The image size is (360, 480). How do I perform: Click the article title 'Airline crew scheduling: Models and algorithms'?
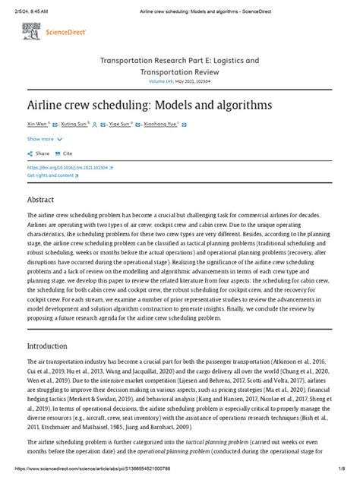(138, 104)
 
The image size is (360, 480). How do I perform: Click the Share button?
(39, 153)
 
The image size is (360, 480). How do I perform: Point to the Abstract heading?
(41, 199)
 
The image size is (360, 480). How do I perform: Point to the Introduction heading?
(47, 345)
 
